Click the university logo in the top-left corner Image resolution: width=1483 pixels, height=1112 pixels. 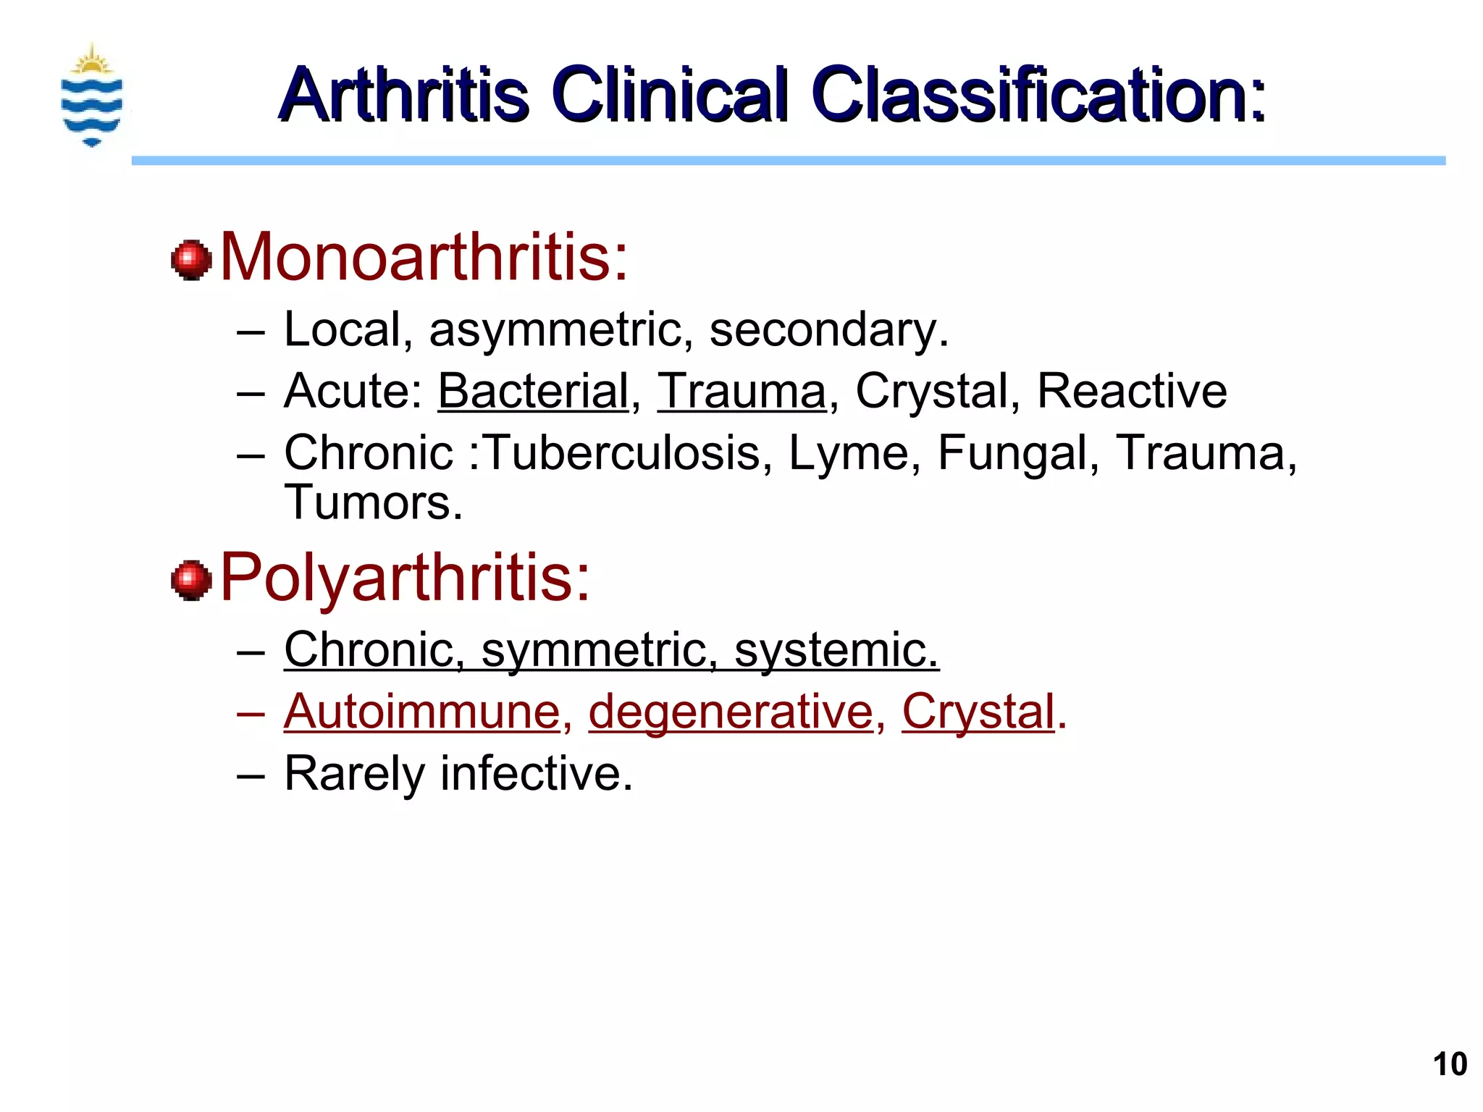coord(92,95)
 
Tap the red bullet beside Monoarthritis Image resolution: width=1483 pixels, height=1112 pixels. coord(191,259)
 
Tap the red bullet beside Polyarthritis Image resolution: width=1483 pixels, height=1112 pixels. coord(191,580)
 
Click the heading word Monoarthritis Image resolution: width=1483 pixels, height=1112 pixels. coord(424,256)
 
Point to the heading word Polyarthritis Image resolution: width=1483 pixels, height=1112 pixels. coord(405,577)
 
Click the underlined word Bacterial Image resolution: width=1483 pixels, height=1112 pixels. coord(533,391)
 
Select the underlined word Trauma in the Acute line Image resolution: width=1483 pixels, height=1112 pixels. coord(741,391)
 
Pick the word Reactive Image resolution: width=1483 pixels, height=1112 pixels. coord(1132,391)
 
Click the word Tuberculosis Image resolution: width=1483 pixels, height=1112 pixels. coord(622,453)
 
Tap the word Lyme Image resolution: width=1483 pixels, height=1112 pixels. coord(849,453)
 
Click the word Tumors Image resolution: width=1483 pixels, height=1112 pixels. coord(373,502)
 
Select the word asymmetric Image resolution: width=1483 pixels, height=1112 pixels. coord(555,330)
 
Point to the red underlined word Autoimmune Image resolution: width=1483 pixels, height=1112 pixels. coord(422,712)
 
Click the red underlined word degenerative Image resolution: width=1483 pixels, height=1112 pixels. coord(731,713)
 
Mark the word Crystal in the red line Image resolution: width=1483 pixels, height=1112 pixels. coord(978,713)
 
